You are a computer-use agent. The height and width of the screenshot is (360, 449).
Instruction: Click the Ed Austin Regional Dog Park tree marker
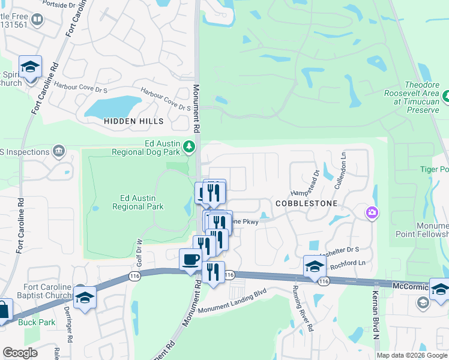coord(189,146)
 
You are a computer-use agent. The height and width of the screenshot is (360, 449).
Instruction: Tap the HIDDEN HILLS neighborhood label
coord(133,121)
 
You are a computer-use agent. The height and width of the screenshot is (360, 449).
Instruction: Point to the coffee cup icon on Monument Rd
coord(191,260)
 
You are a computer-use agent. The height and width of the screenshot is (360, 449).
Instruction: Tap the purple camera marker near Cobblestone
coord(372,212)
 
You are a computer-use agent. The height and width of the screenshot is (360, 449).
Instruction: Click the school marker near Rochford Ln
coord(315,266)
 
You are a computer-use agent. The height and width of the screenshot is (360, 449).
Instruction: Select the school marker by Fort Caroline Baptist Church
coord(85,298)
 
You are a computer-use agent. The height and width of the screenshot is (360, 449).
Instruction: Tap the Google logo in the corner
coord(20,353)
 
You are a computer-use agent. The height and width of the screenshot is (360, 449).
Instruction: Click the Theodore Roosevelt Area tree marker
coord(446,96)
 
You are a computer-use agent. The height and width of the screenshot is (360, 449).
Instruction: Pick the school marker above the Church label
coord(29,67)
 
